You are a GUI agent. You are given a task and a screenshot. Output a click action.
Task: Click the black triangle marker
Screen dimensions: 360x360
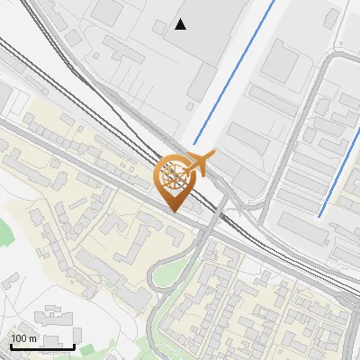pos(181,25)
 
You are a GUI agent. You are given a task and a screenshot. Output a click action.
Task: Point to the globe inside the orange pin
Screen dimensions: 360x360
pos(174,175)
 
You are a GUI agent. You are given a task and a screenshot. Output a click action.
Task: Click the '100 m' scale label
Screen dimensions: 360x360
pos(24,337)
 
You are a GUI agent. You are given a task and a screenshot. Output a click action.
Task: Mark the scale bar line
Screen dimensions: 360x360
pos(41,346)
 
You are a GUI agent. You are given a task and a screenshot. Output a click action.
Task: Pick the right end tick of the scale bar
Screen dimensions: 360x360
pos(75,345)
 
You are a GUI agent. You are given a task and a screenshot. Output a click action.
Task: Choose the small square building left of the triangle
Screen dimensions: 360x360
pos(107,12)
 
